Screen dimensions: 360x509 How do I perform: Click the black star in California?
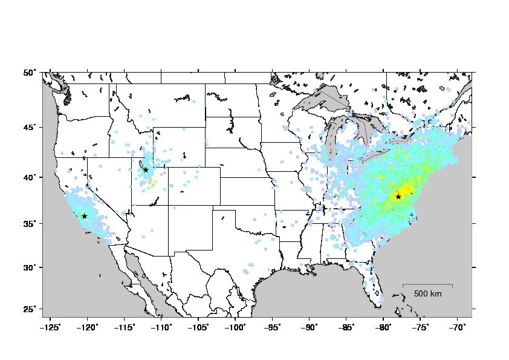85,216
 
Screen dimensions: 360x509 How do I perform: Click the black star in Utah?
146,170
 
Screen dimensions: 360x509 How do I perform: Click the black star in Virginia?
398,197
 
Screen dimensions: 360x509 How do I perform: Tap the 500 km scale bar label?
427,294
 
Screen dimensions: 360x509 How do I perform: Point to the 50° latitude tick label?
30,73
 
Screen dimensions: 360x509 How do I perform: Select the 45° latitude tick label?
30,127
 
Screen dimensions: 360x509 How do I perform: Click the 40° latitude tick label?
30,177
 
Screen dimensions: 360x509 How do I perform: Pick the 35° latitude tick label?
30,223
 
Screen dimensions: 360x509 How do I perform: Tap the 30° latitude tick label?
30,267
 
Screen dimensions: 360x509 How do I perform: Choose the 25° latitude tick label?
30,309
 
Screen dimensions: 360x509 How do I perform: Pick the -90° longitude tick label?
310,327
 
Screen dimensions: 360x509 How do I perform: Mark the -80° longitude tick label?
383,327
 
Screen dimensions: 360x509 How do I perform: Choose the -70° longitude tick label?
457,327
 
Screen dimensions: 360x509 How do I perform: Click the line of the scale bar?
427,284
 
